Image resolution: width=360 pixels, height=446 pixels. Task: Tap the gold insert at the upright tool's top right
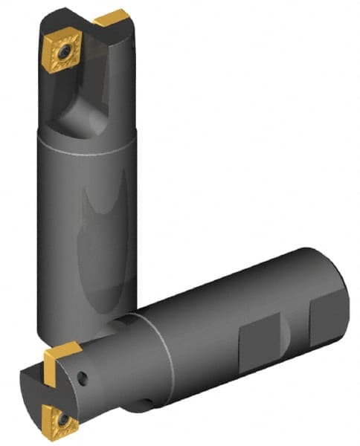tap(112, 18)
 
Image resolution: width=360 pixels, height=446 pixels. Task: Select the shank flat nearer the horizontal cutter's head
tap(260, 338)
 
